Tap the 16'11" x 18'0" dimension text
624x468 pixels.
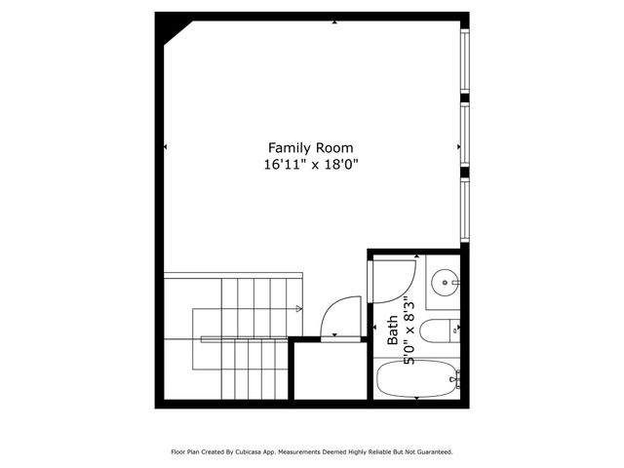pos(311,165)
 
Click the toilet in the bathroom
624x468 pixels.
pos(440,331)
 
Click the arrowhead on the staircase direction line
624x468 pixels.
pos(299,310)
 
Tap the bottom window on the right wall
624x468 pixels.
pos(465,209)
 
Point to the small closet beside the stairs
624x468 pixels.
pos(329,370)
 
